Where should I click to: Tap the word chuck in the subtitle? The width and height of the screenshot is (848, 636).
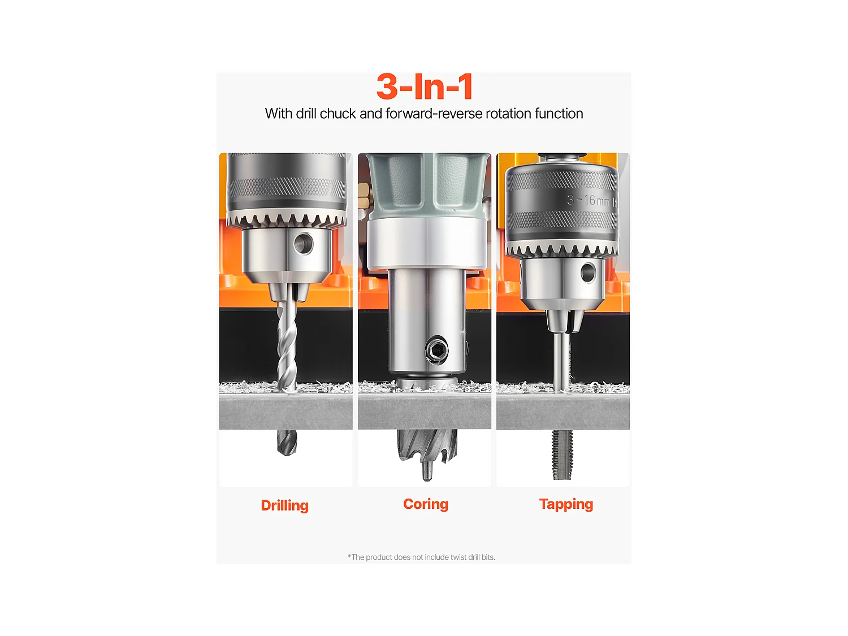338,114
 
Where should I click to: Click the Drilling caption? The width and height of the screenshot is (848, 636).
284,505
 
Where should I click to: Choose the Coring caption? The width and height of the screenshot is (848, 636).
425,504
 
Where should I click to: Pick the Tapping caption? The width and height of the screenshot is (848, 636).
566,504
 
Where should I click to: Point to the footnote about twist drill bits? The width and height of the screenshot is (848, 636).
421,557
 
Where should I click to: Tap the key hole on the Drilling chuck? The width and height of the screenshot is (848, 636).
304,244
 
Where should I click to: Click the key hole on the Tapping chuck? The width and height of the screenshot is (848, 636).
588,273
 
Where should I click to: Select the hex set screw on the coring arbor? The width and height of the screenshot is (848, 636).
436,350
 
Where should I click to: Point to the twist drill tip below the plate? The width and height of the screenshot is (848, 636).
287,443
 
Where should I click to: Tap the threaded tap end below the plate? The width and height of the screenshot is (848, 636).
563,454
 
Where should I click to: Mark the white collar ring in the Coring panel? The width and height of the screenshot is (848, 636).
426,243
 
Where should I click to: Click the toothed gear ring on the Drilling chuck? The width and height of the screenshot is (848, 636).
285,219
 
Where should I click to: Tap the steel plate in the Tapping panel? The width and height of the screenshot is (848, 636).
563,412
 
